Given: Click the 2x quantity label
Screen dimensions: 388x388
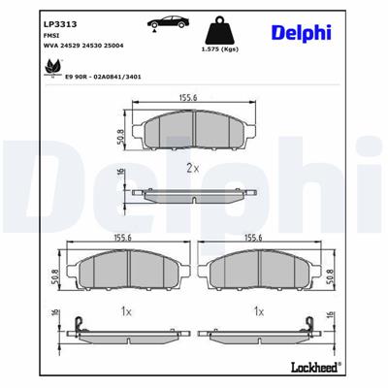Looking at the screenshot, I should (x=192, y=168).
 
